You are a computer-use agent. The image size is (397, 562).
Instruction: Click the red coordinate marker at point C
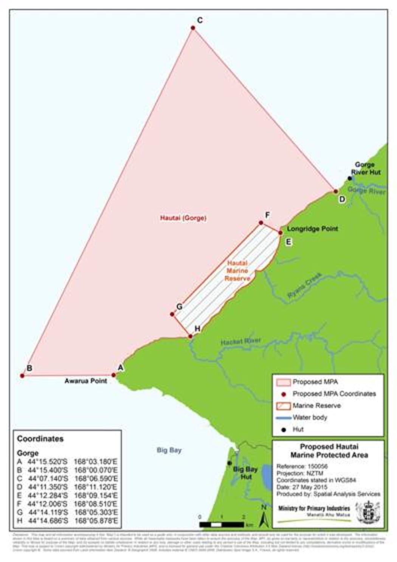(x=193, y=28)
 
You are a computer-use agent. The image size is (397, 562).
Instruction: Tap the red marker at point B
(x=22, y=376)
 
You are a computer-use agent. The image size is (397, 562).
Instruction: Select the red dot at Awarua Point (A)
(x=113, y=375)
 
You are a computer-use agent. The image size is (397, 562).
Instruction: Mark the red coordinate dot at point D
(x=336, y=191)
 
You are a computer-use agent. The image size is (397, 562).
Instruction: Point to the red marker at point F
(x=261, y=223)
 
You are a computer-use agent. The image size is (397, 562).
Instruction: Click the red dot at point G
(x=172, y=314)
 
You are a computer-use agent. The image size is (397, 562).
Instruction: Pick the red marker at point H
(x=190, y=336)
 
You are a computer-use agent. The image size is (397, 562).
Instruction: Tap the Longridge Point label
(x=312, y=229)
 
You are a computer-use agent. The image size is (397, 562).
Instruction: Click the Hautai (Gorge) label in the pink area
(x=183, y=218)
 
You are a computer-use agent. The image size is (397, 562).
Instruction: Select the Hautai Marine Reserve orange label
(x=237, y=271)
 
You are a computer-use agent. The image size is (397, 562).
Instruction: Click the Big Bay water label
(x=169, y=450)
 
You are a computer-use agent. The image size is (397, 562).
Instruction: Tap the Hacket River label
(x=240, y=342)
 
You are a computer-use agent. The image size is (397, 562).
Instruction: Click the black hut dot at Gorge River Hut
(x=350, y=178)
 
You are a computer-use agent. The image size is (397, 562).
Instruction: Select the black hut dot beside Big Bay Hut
(x=230, y=463)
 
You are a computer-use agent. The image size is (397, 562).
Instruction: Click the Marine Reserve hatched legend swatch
(x=283, y=406)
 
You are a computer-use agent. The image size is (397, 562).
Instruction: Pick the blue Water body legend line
(x=284, y=418)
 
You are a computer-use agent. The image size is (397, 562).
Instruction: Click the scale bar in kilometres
(x=222, y=525)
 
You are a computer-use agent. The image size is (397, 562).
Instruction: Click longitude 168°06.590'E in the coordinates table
(x=96, y=478)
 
